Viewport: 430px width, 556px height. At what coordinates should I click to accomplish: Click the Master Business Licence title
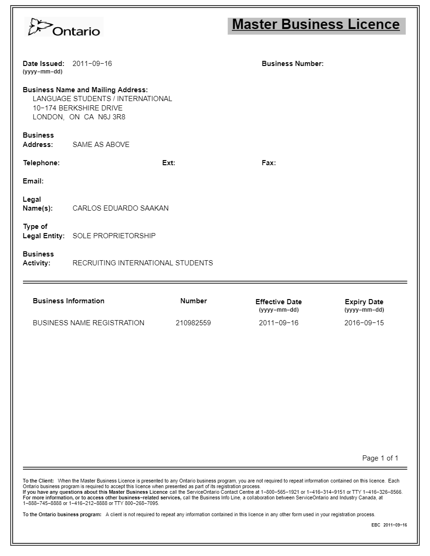pos(316,24)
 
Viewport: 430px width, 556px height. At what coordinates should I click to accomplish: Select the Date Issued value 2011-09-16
pos(92,64)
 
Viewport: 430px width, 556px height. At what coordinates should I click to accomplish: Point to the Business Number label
pos(292,64)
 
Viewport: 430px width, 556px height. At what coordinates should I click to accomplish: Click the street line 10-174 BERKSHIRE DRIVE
pos(78,108)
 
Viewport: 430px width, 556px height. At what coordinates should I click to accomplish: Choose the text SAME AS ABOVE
pos(101,145)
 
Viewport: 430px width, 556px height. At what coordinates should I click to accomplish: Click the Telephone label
pos(41,163)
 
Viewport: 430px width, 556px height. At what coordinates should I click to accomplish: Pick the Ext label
pos(169,163)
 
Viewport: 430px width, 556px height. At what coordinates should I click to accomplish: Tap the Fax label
pos(268,163)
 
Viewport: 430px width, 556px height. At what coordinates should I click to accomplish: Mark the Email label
pos(33,181)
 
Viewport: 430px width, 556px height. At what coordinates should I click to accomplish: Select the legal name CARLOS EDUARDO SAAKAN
pos(120,208)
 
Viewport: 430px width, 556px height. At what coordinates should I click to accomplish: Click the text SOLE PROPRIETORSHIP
pos(114,236)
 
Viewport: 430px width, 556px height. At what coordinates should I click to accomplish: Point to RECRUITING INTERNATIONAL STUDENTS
pos(142,263)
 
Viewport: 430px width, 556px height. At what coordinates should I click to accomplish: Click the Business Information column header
pos(68,301)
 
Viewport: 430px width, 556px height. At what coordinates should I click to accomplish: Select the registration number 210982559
pos(193,323)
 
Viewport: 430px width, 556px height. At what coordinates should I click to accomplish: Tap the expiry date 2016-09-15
pos(364,323)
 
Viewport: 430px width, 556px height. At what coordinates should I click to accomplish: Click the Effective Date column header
pos(278,302)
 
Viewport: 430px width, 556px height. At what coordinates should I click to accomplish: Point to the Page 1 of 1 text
pos(380,458)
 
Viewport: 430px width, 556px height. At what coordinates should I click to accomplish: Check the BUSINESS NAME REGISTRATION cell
pos(89,323)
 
